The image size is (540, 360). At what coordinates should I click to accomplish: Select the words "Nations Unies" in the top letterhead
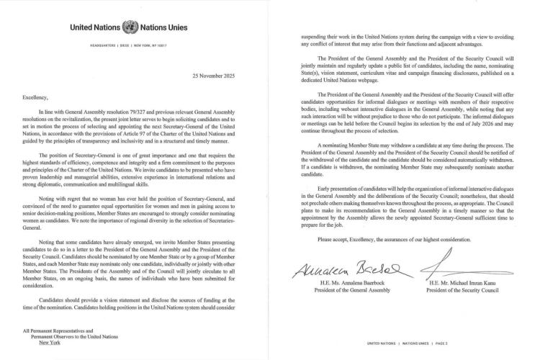[x=165, y=28]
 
